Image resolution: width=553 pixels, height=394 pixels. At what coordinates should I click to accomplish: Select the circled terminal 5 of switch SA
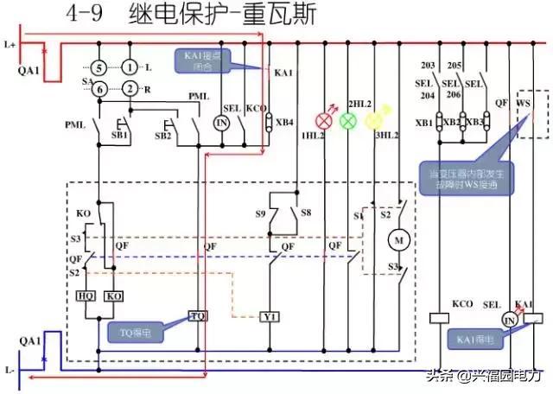tap(99, 67)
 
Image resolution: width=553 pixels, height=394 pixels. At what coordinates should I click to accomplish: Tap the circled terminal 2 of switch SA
tap(129, 87)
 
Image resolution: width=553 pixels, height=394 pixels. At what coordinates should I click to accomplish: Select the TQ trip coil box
tap(198, 315)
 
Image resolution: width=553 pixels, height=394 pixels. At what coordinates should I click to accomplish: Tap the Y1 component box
tap(270, 316)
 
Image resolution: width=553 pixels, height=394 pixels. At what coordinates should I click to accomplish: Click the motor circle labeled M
tap(399, 238)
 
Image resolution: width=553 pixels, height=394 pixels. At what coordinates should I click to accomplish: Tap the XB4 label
tap(284, 122)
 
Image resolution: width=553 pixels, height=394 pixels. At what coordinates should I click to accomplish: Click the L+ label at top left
tap(10, 42)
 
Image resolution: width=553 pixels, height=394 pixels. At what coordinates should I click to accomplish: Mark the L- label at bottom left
tap(10, 369)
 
